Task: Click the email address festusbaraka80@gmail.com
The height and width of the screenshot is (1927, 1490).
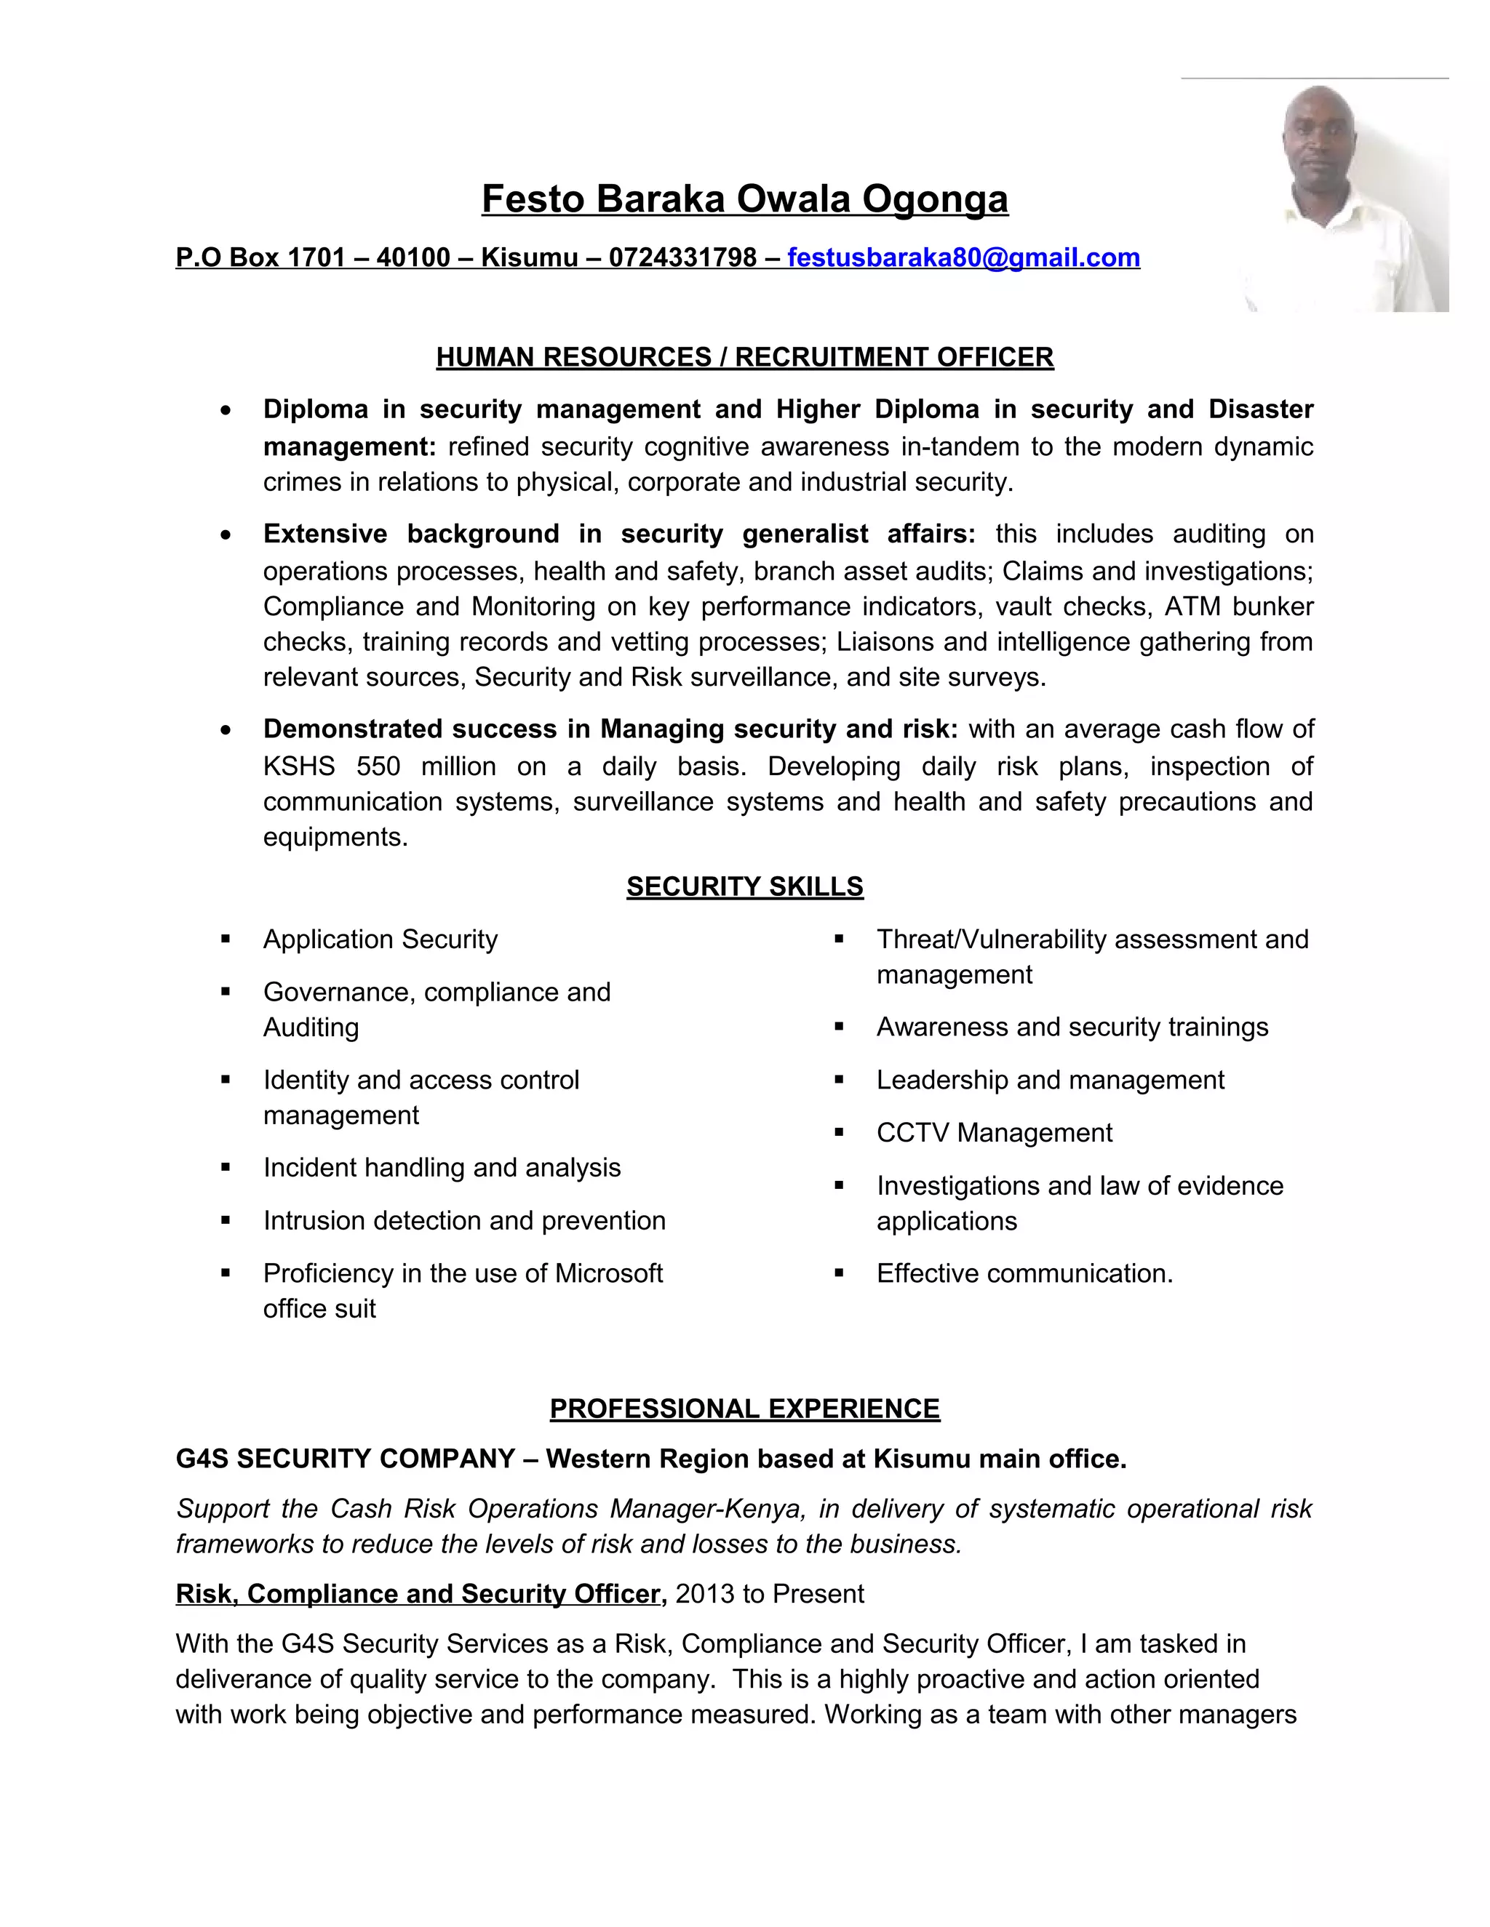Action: [963, 257]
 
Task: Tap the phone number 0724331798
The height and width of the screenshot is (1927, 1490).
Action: [682, 257]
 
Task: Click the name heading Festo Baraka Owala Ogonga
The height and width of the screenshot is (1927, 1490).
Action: [744, 199]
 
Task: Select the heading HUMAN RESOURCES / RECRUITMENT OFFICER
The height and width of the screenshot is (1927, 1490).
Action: [744, 357]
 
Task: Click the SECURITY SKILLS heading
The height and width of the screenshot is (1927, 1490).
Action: [744, 886]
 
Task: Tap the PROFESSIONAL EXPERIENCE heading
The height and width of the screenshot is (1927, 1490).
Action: [744, 1409]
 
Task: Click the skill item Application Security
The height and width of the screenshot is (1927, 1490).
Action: [380, 940]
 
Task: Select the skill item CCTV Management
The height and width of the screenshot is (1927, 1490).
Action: [994, 1133]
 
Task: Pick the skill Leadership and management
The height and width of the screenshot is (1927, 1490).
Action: [1050, 1080]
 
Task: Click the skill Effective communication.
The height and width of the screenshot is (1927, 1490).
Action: [1024, 1274]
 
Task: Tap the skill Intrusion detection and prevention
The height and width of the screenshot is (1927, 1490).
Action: [463, 1221]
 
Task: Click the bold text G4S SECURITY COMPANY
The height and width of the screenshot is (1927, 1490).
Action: [345, 1459]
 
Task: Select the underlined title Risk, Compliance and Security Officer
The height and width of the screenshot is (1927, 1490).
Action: [418, 1595]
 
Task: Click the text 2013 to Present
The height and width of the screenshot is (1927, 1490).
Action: [770, 1595]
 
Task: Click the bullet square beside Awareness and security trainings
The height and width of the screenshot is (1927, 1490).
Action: [840, 1027]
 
